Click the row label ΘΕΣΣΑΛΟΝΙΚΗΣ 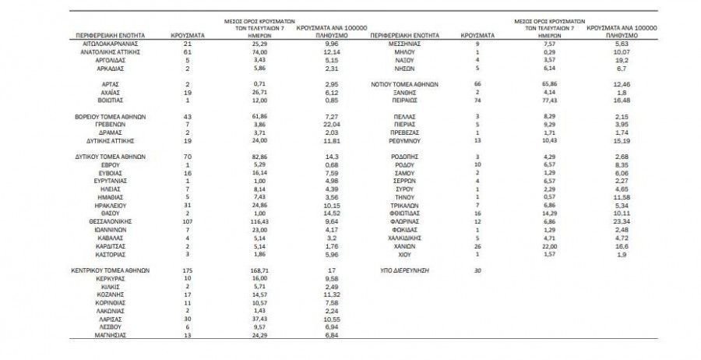point(108,222)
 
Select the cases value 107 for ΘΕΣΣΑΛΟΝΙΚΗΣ point(188,222)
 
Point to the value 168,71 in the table point(261,270)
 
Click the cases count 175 point(188,270)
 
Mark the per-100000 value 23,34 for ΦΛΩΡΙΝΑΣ point(620,222)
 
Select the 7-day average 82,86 point(261,157)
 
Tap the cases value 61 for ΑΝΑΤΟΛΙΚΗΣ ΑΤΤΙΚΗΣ point(188,51)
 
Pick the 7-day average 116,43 point(261,222)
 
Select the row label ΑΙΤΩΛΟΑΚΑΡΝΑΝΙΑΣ point(108,44)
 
